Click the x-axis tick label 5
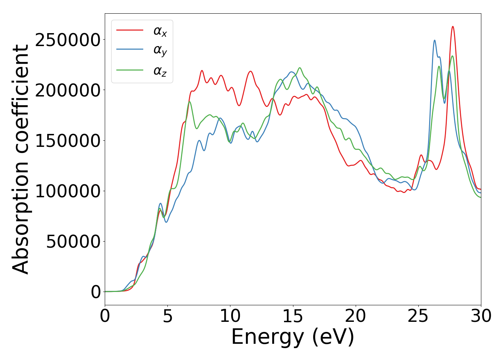point(168,316)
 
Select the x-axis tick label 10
point(230,316)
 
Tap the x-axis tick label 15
point(293,316)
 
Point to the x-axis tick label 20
point(356,316)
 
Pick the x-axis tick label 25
point(418,316)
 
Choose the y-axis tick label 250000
point(68,40)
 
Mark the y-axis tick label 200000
point(68,90)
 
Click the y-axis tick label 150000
point(68,141)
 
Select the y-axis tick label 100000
point(68,191)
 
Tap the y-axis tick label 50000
point(73,242)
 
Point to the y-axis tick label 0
point(96,292)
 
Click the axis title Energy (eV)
point(293,337)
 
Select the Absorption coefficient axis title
point(21,159)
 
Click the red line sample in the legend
point(130,30)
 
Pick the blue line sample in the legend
point(130,50)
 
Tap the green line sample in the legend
point(130,70)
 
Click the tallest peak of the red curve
point(453,27)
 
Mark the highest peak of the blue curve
point(435,40)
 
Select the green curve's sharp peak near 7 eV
point(189,102)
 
